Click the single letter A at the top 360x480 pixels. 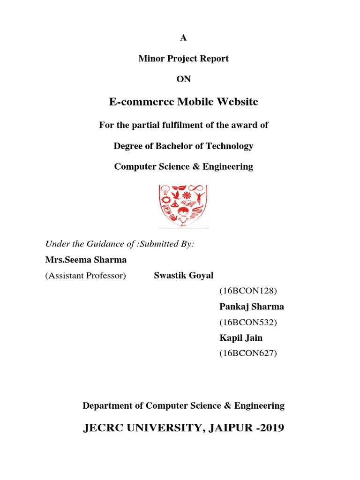[x=184, y=38]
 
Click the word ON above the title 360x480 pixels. [x=184, y=79]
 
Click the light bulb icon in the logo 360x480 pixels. [x=165, y=190]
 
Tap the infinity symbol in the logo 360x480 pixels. [x=199, y=190]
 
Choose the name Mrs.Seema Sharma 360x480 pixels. [x=86, y=260]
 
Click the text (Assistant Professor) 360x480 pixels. [x=86, y=275]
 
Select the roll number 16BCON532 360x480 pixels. [x=248, y=322]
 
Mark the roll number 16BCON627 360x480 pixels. [x=248, y=353]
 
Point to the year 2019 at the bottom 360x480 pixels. [x=269, y=428]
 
